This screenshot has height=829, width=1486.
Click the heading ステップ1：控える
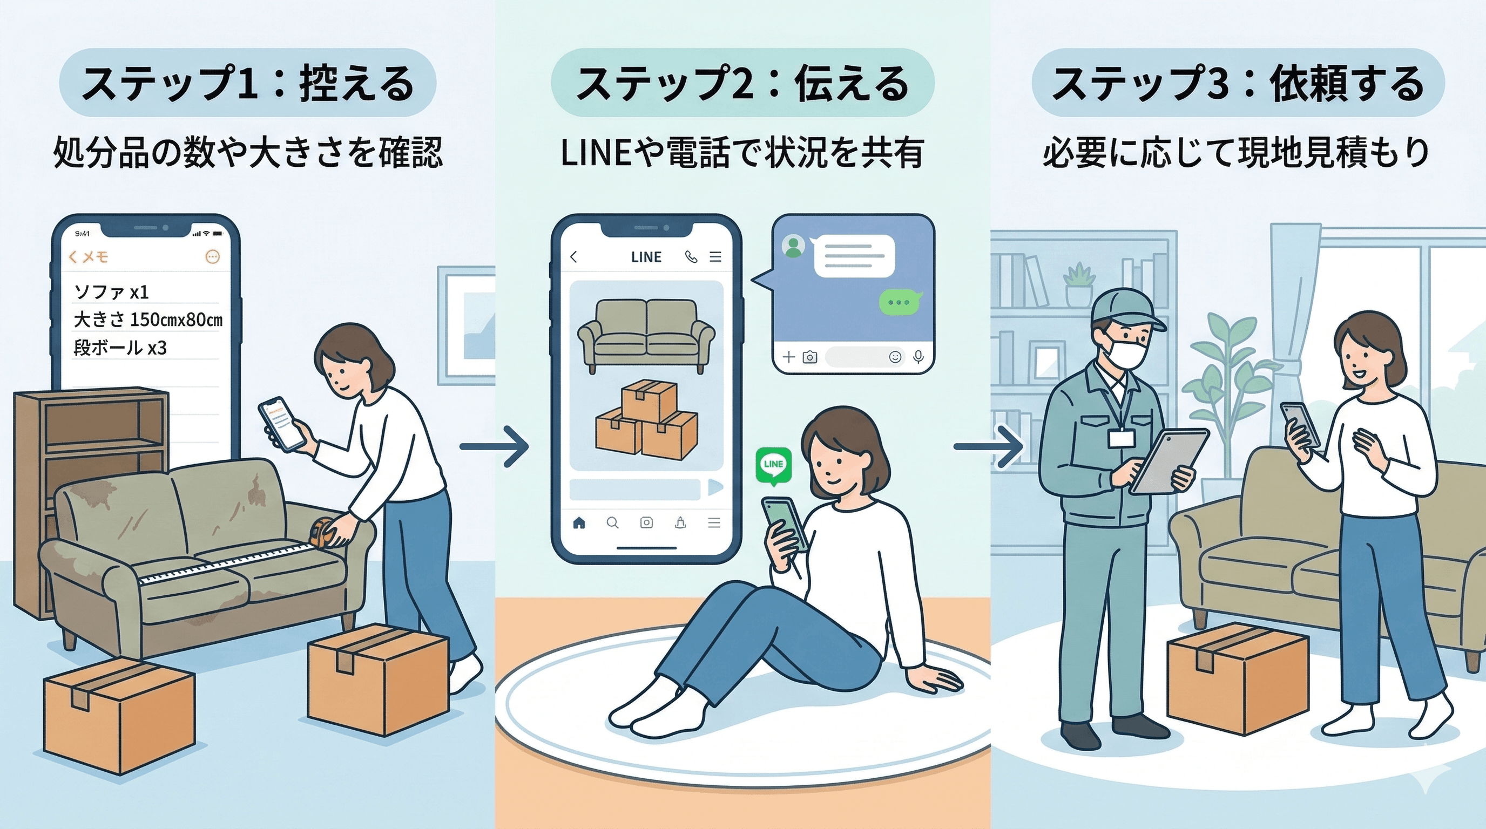coord(247,83)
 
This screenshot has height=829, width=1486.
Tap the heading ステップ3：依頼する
coord(1238,83)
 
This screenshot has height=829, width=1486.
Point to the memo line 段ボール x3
coord(120,348)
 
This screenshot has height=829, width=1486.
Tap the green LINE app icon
coord(773,465)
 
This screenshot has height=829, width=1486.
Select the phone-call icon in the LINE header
coord(691,257)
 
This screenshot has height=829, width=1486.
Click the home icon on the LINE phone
coord(579,523)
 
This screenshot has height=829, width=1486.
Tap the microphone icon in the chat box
coord(919,357)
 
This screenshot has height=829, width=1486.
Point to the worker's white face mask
coord(1125,353)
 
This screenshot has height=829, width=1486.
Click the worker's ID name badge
coord(1120,439)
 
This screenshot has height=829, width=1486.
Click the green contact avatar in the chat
coord(793,246)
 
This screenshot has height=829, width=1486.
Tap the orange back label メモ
coord(88,257)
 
